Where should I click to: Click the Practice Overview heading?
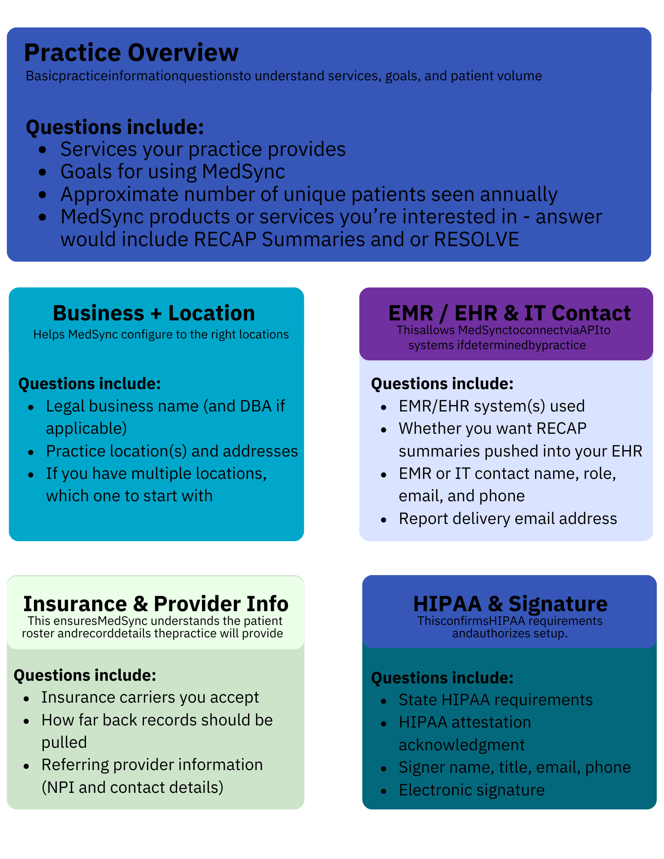(x=131, y=52)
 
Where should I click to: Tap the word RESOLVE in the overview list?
(x=476, y=239)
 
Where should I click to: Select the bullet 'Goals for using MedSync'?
(x=173, y=171)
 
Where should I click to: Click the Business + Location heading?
(x=154, y=313)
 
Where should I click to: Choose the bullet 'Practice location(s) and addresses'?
(x=172, y=451)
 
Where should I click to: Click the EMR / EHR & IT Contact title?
(x=509, y=313)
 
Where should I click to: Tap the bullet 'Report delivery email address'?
(x=508, y=518)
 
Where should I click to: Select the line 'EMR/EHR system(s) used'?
(x=492, y=406)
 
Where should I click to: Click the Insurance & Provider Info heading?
(x=156, y=603)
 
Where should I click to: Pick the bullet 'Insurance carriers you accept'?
(x=150, y=697)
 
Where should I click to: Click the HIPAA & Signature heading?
(x=510, y=603)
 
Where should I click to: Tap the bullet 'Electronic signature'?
(x=471, y=790)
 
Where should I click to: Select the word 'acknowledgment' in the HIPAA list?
(x=462, y=745)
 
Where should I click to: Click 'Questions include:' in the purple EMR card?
(x=442, y=384)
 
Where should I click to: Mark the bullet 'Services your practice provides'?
(x=203, y=149)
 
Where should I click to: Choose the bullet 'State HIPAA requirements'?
(x=496, y=700)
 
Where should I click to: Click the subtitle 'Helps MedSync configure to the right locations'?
(x=161, y=334)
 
